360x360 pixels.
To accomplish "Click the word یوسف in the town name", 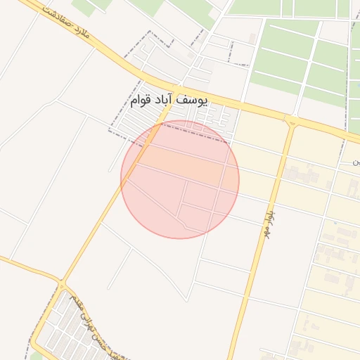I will [x=193, y=101].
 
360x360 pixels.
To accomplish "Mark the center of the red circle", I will [x=180, y=179].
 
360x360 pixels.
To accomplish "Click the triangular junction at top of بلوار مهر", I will [x=291, y=122].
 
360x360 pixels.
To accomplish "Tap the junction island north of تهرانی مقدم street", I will [x=61, y=283].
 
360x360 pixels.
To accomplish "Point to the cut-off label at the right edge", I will [x=356, y=163].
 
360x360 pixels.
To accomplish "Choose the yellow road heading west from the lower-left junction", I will [x=28, y=269].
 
